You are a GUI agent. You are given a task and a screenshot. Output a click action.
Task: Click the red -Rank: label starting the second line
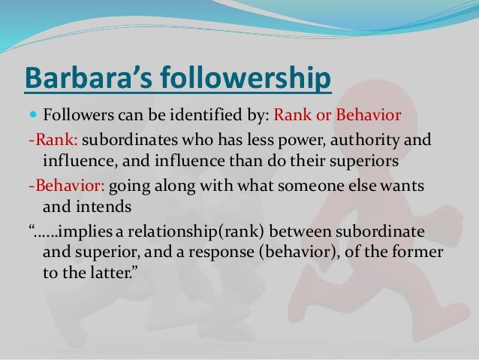pos(50,143)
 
